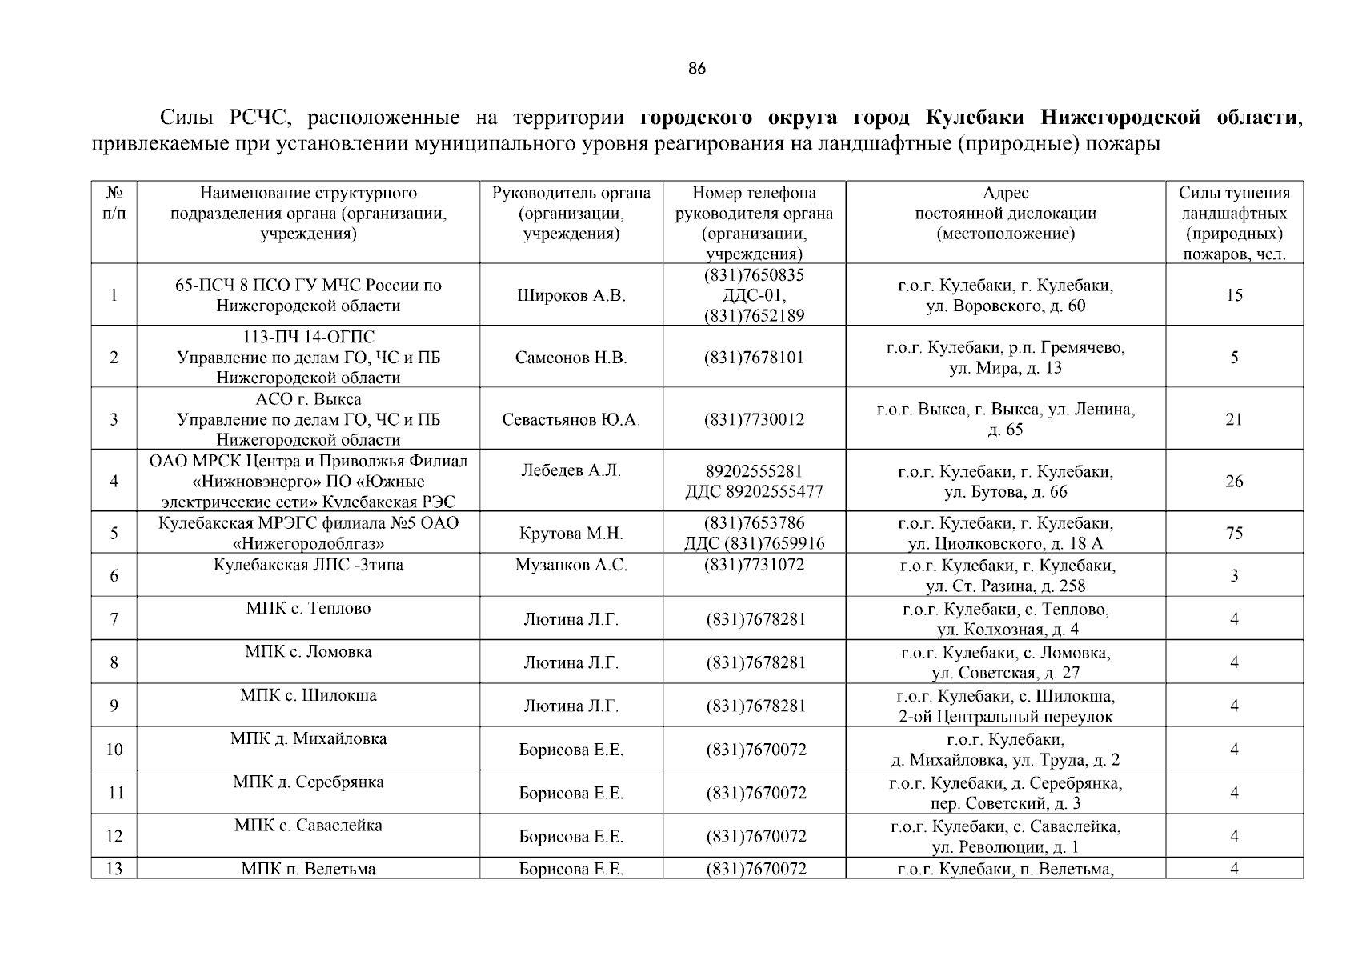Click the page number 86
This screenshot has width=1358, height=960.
(x=697, y=69)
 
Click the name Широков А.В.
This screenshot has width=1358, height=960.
(x=571, y=295)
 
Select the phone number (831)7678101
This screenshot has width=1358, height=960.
(x=754, y=358)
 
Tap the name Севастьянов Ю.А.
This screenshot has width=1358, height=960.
(x=571, y=419)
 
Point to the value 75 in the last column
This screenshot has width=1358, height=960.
(x=1234, y=533)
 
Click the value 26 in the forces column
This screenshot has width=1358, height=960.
(x=1234, y=481)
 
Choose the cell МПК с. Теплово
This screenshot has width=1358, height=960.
(x=308, y=608)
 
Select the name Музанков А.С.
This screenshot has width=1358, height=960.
(x=571, y=565)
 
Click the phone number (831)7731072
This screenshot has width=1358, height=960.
(x=754, y=565)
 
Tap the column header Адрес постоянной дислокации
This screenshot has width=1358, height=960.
(x=1005, y=214)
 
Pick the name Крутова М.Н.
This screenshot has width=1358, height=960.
(x=571, y=534)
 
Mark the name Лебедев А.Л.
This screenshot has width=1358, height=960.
(x=571, y=470)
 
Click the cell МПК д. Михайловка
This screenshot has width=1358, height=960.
(x=308, y=738)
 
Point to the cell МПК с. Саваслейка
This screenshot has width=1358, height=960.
(x=308, y=825)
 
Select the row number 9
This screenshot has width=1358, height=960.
(x=114, y=706)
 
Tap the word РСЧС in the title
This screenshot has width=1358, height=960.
(x=253, y=118)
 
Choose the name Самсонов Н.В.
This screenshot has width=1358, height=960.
(x=571, y=358)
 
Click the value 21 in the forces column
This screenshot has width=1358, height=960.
(x=1234, y=419)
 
